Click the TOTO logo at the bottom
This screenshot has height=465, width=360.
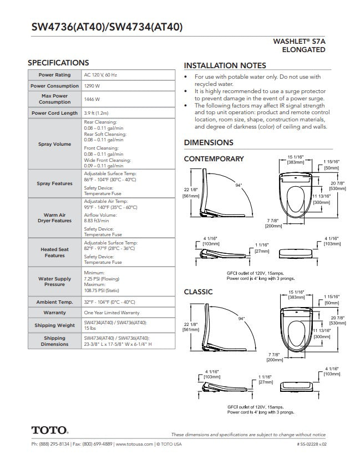(49, 430)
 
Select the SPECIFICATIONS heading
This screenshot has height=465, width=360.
(58, 63)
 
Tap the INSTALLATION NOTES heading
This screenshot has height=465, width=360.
(225, 65)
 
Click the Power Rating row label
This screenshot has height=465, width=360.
(54, 75)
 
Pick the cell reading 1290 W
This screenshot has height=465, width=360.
(92, 86)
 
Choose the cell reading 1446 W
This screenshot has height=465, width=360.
(92, 99)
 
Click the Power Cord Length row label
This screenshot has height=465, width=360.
(54, 113)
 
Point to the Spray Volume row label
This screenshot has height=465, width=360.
(54, 144)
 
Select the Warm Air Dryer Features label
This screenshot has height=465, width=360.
(54, 217)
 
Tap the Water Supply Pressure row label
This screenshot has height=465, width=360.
(54, 282)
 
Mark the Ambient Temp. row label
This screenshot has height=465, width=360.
(54, 302)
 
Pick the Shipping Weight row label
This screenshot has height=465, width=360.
(54, 325)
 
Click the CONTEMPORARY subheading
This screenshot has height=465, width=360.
(214, 159)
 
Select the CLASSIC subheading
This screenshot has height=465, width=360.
(198, 292)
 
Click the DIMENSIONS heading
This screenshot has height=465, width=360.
(209, 142)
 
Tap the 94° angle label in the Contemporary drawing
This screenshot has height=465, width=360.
(239, 186)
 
